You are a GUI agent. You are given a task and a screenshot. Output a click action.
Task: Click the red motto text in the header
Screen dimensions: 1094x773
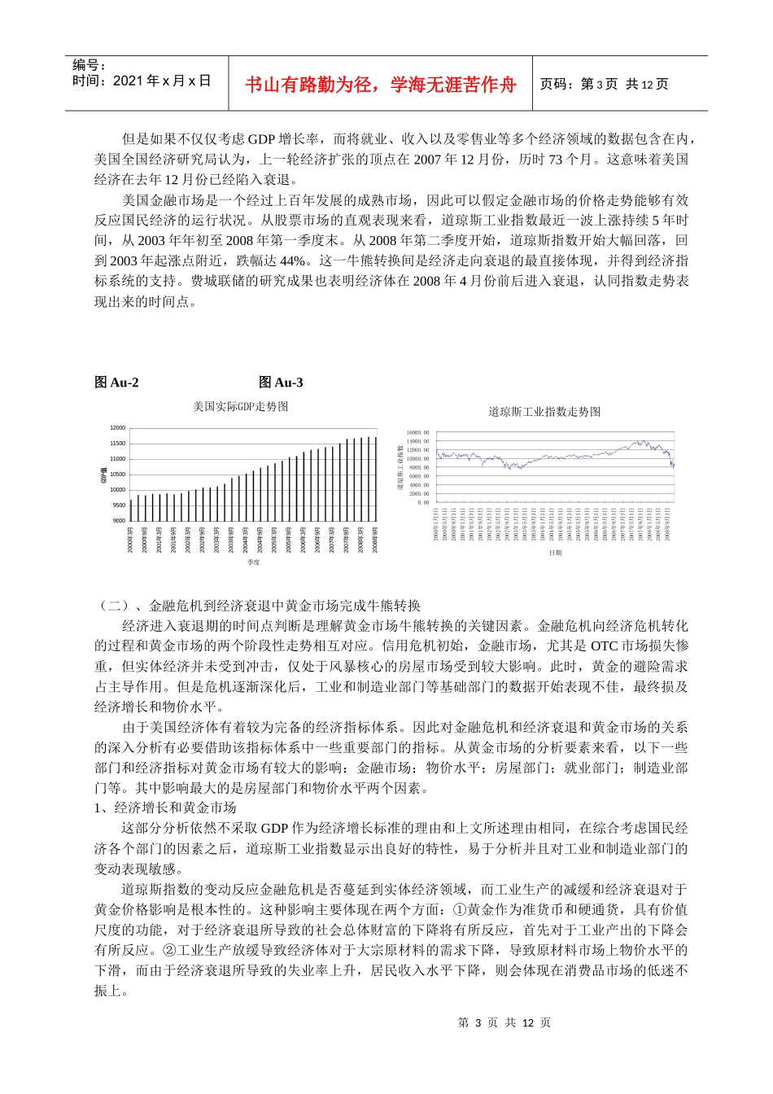[380, 85]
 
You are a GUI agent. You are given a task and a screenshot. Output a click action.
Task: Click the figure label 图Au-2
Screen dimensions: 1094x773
[116, 383]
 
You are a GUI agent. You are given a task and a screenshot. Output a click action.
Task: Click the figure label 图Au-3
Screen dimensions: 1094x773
[281, 383]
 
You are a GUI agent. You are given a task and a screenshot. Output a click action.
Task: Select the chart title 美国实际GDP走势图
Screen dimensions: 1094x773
[240, 406]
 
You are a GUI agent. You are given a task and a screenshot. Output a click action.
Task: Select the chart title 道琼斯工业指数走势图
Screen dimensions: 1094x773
[544, 412]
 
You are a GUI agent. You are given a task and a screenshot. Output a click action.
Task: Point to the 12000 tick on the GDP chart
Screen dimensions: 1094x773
[118, 428]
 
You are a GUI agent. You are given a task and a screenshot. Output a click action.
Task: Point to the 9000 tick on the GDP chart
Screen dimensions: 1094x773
[119, 520]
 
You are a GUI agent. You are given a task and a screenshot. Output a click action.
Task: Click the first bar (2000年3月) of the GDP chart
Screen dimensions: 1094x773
[131, 510]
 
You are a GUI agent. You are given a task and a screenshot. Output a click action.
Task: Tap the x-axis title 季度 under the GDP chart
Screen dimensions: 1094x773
[253, 562]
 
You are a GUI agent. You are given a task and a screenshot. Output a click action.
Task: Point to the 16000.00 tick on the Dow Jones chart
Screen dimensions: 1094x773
[417, 432]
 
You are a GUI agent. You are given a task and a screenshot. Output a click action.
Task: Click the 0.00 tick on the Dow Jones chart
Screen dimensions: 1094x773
[422, 502]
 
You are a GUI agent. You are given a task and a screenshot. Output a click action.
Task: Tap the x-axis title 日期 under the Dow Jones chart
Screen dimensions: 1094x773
[555, 553]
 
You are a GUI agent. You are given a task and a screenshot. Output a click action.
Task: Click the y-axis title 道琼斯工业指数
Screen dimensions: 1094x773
[400, 468]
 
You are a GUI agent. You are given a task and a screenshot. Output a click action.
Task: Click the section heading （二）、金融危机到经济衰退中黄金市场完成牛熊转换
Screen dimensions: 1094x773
[259, 606]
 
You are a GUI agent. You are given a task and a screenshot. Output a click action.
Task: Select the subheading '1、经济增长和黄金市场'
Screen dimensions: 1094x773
[165, 807]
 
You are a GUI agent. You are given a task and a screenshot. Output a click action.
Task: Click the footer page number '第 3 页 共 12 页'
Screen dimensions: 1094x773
[504, 1022]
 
